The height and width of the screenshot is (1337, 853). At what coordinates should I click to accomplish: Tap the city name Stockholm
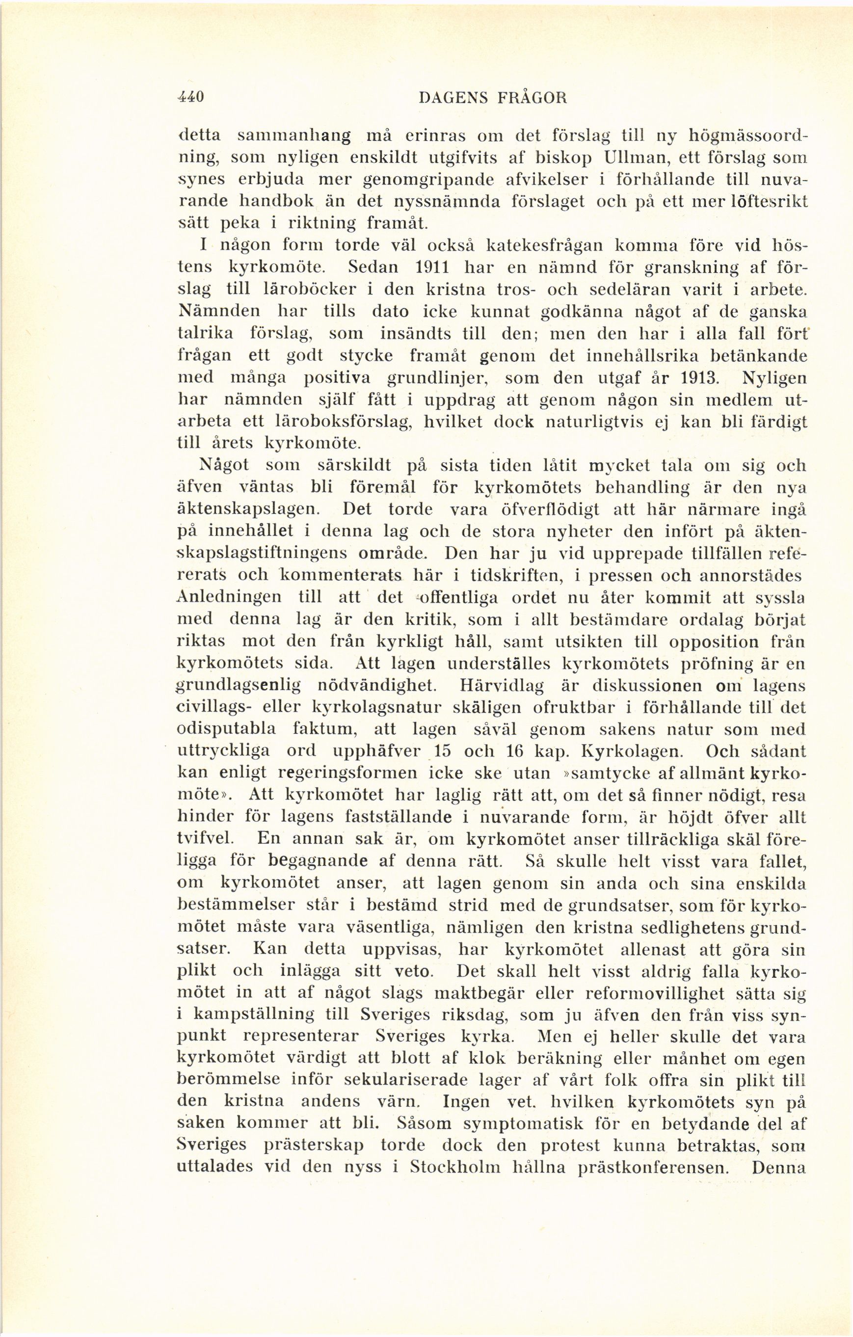pos(455,1168)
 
